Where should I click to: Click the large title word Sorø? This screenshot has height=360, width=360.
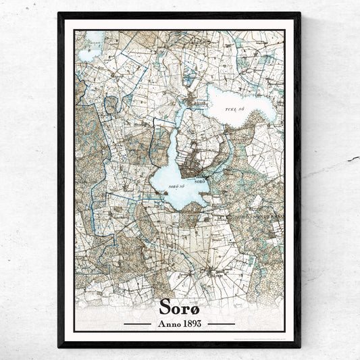(180, 307)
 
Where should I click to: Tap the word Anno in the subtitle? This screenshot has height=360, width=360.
(167, 323)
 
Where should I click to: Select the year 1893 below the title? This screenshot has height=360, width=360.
(191, 323)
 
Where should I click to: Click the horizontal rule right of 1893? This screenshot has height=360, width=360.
(220, 324)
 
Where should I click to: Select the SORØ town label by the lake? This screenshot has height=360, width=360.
(200, 181)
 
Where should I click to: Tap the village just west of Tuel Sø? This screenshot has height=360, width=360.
(197, 102)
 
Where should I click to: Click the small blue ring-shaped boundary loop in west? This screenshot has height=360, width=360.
(111, 104)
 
